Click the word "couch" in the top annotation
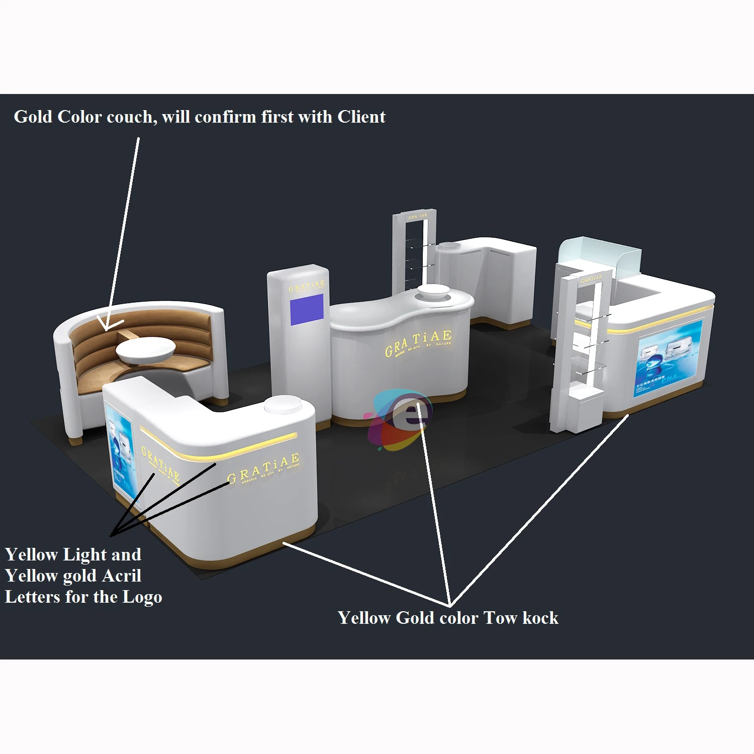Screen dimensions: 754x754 click(x=130, y=117)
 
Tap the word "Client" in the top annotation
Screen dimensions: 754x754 click(x=361, y=117)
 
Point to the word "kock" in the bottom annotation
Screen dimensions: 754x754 click(x=539, y=618)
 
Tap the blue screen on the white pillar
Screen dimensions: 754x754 click(x=307, y=309)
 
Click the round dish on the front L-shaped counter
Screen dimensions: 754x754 click(x=282, y=404)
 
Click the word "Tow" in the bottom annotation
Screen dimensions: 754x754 click(x=500, y=618)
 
